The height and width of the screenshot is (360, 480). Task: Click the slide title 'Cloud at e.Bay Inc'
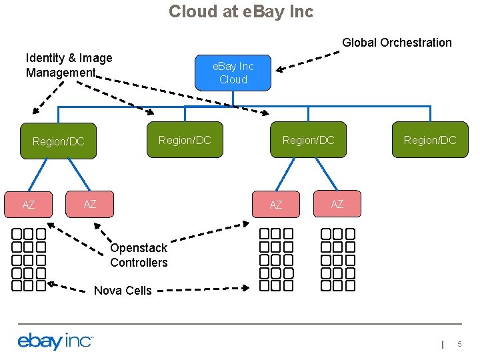tap(241, 11)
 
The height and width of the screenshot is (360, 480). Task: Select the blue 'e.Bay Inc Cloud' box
tap(233, 73)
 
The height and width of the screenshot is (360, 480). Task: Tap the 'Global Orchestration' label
tap(397, 43)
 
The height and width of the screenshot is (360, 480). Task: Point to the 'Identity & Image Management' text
tap(69, 65)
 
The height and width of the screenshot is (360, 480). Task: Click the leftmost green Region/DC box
tap(59, 141)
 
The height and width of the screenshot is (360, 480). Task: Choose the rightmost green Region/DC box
tap(429, 140)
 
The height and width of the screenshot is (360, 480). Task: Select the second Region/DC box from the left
tap(184, 140)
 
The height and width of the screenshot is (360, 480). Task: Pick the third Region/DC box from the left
tap(308, 140)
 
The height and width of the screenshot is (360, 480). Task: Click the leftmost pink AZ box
tap(28, 205)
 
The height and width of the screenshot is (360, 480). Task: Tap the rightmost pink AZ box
tap(337, 204)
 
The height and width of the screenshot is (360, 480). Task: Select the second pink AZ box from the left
tap(89, 204)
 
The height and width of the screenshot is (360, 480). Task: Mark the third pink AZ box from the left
tap(276, 205)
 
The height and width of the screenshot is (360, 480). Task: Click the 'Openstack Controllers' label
tap(139, 255)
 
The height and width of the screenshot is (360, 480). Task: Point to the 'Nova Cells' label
tap(123, 290)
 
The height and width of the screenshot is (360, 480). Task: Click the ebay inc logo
tap(55, 341)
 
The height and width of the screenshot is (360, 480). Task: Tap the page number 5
tap(459, 343)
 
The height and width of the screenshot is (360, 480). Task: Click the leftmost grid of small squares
tap(29, 260)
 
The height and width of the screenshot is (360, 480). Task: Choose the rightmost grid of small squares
tap(338, 260)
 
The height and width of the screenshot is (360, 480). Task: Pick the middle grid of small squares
tap(276, 260)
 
